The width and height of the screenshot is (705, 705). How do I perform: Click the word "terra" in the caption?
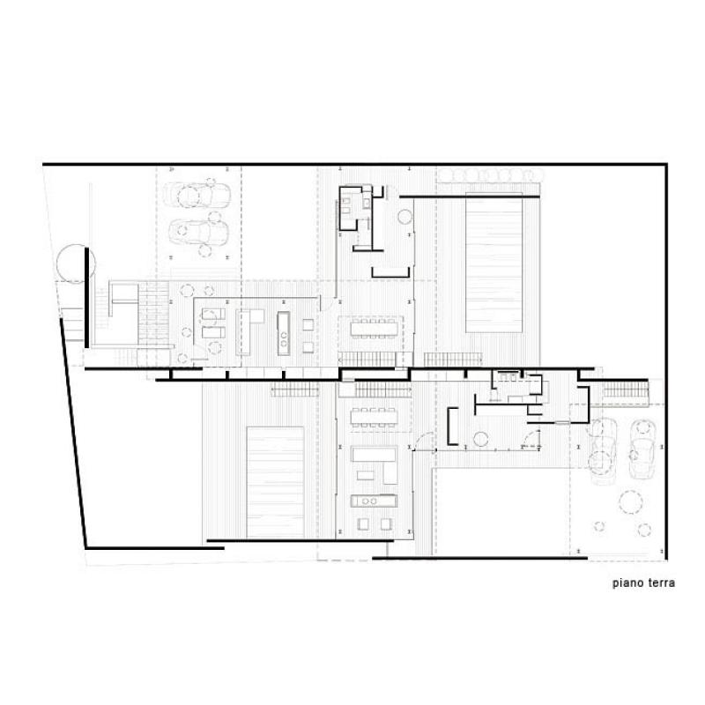(661, 583)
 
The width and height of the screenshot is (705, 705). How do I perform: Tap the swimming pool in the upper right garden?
(493, 263)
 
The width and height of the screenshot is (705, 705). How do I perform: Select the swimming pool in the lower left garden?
(275, 482)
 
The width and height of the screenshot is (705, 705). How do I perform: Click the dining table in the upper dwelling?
(375, 329)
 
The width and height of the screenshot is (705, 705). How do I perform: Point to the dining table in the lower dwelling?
(374, 417)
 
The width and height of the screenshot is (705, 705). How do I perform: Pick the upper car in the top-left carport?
(197, 196)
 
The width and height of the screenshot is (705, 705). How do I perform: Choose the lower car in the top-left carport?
(199, 233)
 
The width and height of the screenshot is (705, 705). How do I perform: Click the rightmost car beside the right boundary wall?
(642, 449)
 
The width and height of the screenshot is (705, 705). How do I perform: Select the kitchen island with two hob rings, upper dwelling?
(283, 333)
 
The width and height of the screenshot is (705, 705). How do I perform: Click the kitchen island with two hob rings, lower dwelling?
(374, 501)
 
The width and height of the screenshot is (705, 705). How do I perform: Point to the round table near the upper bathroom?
(405, 217)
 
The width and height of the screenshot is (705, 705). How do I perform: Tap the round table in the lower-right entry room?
(480, 439)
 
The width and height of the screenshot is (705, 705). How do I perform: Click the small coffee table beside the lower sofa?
(366, 475)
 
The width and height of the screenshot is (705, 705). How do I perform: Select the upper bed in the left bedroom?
(213, 314)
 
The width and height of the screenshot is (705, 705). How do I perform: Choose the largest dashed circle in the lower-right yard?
(631, 502)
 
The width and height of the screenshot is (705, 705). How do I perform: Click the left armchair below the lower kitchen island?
(363, 523)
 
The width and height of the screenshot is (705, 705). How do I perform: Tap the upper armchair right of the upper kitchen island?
(308, 324)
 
